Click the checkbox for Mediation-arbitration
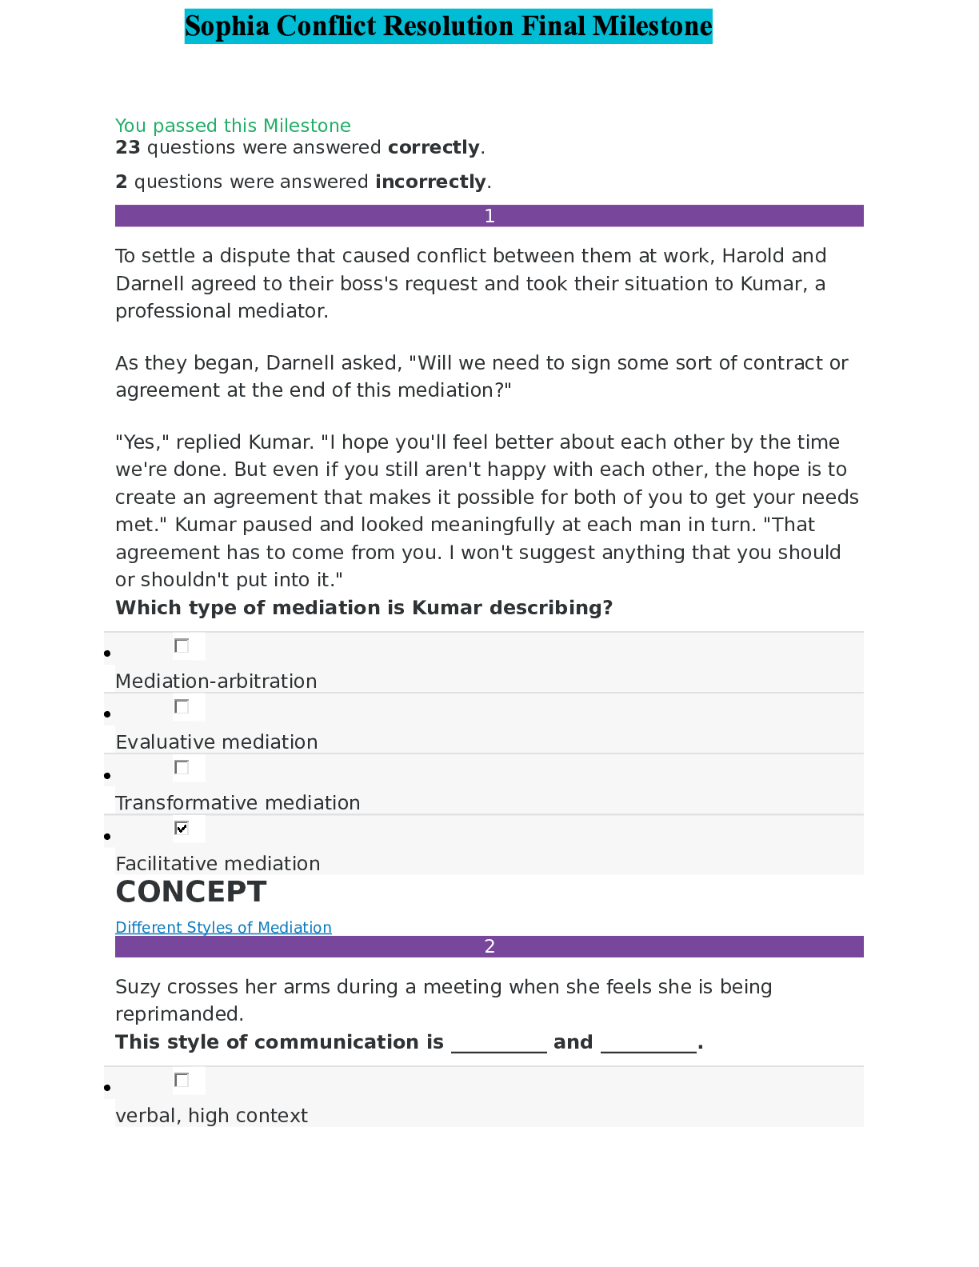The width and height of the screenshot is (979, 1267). click(x=182, y=645)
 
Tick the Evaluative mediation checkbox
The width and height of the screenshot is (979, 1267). click(x=182, y=706)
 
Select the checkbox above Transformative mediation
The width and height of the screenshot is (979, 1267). click(x=182, y=767)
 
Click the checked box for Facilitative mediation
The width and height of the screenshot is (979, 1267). click(x=182, y=828)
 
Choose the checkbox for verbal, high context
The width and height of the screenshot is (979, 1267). click(x=182, y=1080)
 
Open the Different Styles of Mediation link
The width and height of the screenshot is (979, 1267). click(x=223, y=927)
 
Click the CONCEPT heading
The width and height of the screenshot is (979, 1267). click(x=190, y=892)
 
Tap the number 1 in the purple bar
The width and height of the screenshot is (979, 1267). click(x=489, y=216)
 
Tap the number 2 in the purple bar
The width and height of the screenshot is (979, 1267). click(x=489, y=946)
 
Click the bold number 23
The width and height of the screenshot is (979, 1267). click(x=128, y=147)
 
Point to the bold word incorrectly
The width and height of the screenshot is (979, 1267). click(x=430, y=182)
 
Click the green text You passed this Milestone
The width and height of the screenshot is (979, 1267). click(x=233, y=126)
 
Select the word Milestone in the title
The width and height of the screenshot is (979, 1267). click(x=652, y=26)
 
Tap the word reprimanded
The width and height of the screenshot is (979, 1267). click(x=179, y=1014)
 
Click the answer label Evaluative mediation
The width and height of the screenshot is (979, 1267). click(x=217, y=742)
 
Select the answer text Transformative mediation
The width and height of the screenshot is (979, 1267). click(x=238, y=803)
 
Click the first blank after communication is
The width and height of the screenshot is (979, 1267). click(x=499, y=1042)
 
